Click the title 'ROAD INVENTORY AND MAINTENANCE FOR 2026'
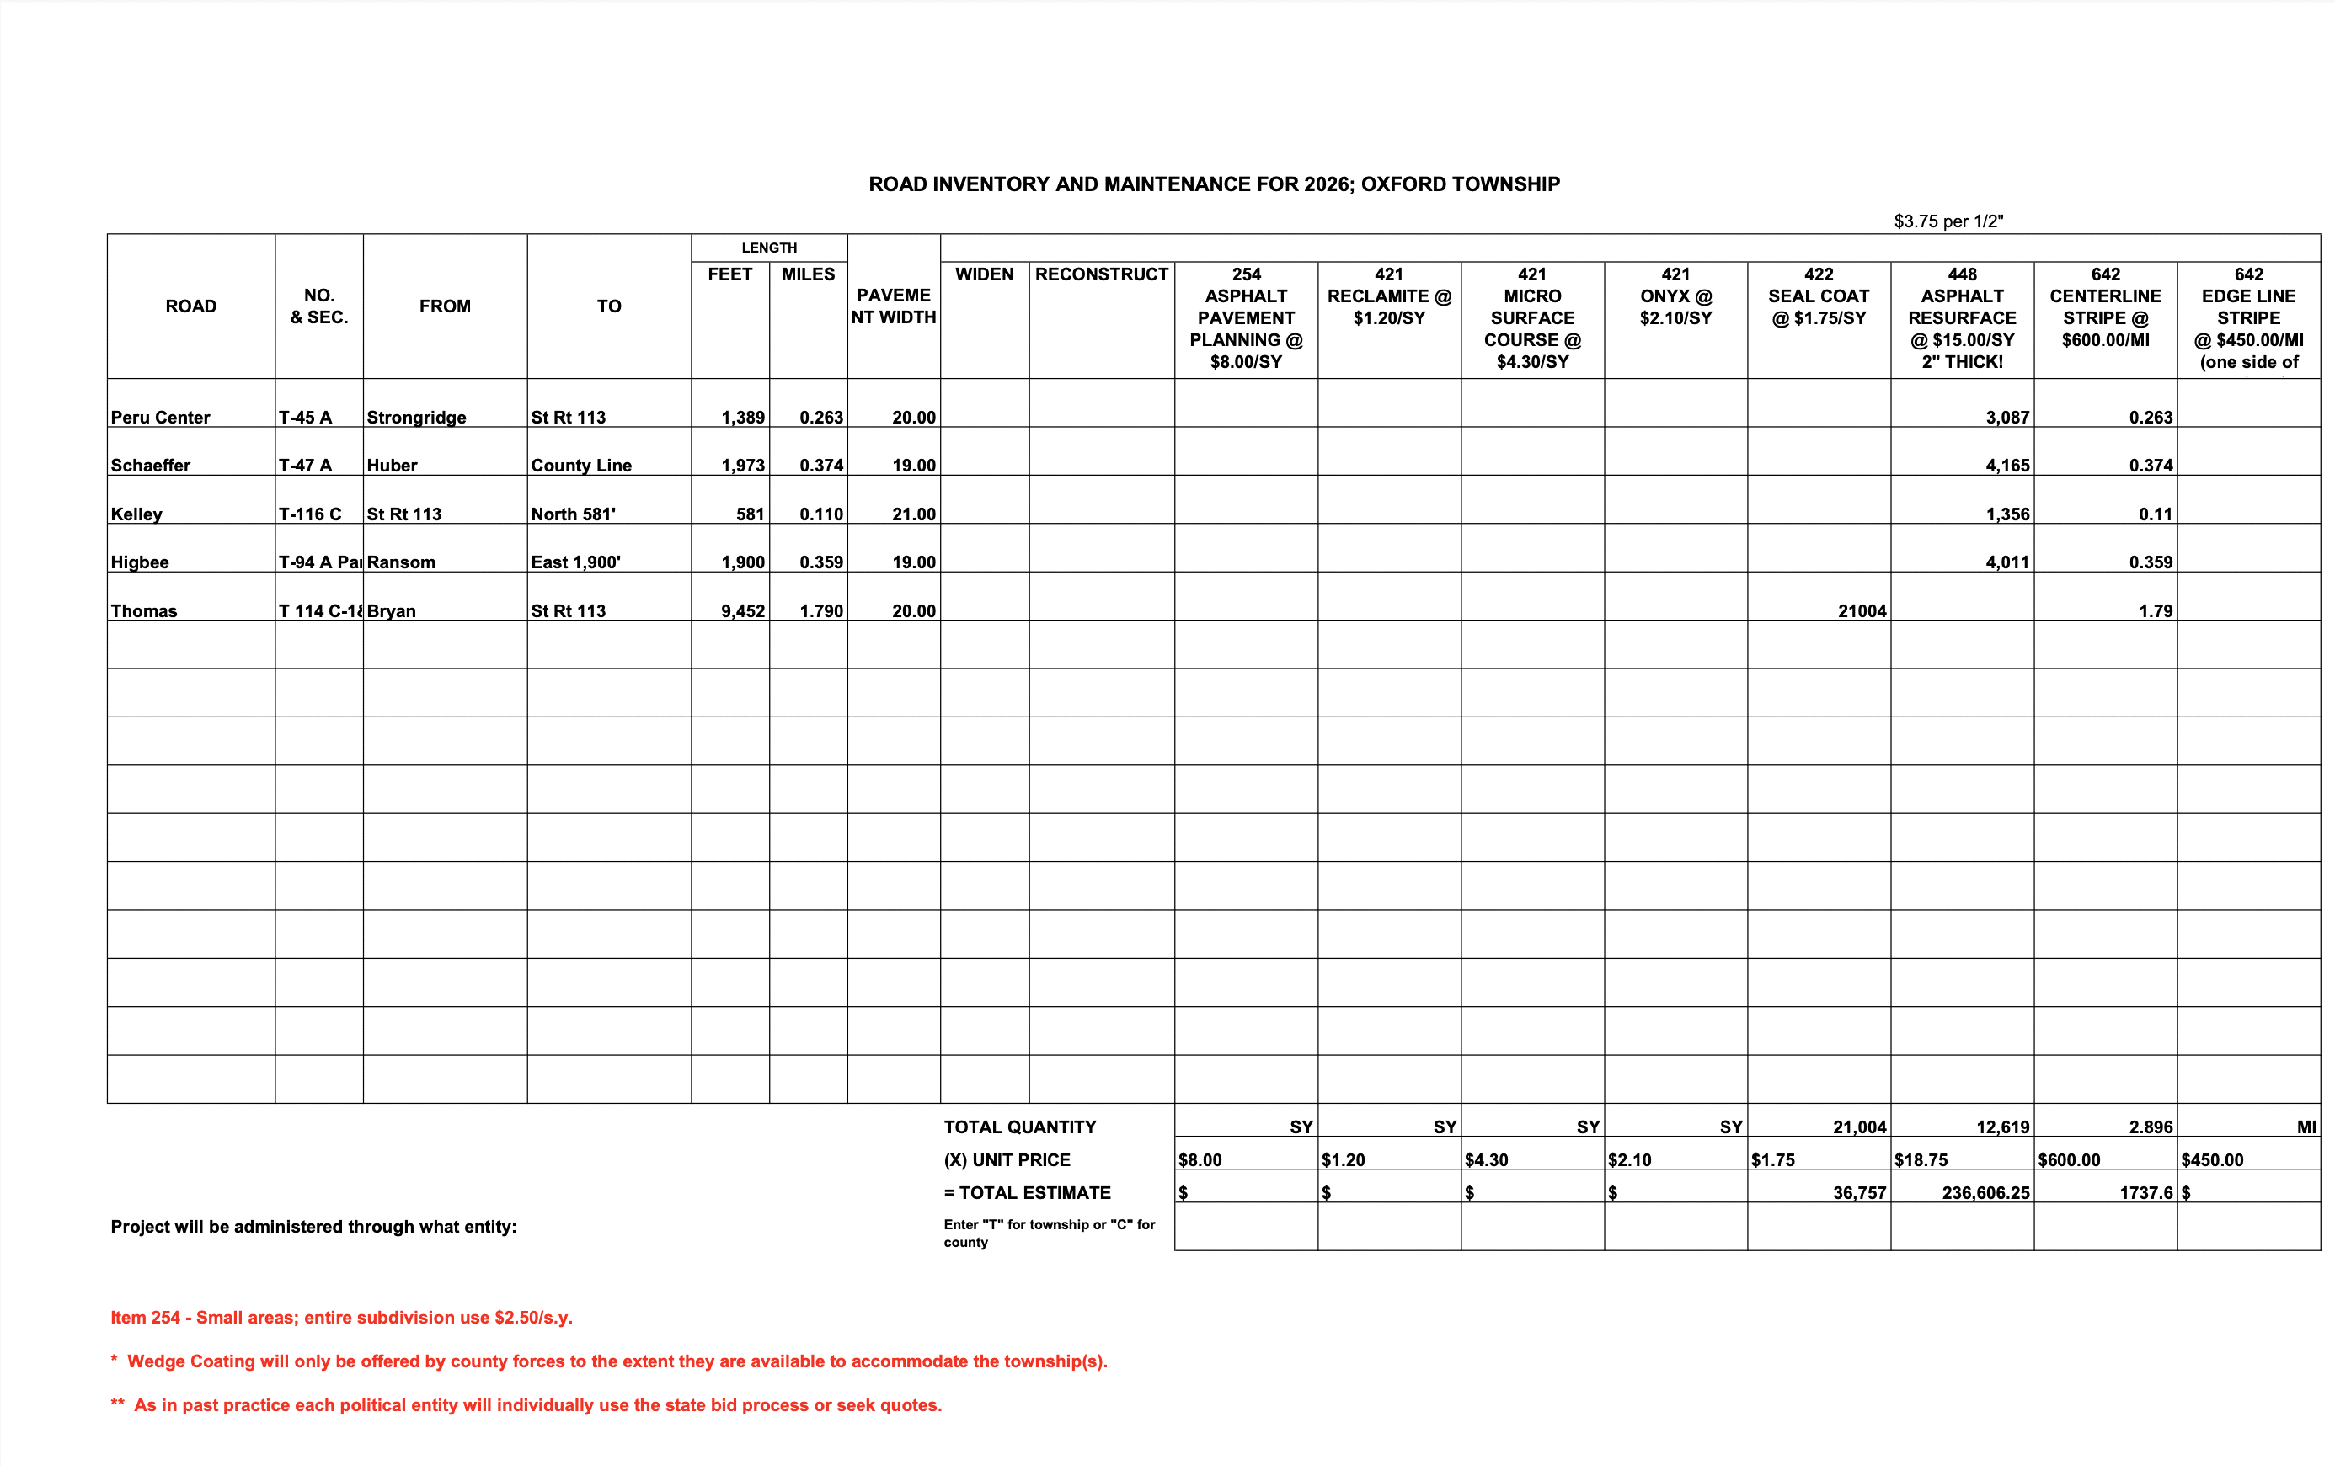1214,184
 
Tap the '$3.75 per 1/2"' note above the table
1948,221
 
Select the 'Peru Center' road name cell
161,418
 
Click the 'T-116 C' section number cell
310,514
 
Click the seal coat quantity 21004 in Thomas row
1861,611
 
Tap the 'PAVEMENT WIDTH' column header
893,306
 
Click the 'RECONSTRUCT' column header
1101,275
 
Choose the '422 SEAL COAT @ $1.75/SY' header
1819,296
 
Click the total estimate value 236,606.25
1985,1193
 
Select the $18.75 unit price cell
1921,1160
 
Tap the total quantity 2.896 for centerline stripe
2150,1127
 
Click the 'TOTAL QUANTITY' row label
1020,1127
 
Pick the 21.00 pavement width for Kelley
913,514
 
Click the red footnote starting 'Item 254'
341,1318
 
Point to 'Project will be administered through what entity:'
313,1227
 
